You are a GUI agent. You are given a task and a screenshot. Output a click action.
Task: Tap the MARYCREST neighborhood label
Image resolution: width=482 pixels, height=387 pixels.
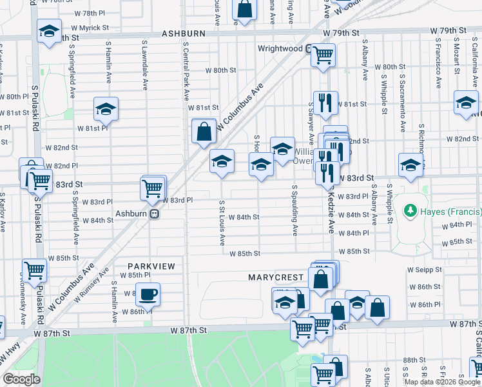click(x=276, y=277)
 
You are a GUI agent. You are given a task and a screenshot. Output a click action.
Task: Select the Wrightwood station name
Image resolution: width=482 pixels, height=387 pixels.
click(x=280, y=48)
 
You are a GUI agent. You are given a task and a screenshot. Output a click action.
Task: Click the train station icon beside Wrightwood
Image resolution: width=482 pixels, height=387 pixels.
click(x=309, y=48)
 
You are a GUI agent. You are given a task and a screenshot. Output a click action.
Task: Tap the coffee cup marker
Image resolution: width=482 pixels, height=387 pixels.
click(x=148, y=295)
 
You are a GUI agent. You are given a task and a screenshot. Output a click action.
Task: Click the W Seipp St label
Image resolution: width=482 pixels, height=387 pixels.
click(x=425, y=270)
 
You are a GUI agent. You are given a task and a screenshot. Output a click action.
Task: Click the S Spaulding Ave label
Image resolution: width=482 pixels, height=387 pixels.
click(x=294, y=210)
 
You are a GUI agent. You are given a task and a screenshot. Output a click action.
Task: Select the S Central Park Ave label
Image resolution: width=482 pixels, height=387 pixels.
click(x=186, y=71)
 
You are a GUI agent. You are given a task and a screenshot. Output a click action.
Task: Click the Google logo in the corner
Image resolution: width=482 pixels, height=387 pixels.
click(x=21, y=379)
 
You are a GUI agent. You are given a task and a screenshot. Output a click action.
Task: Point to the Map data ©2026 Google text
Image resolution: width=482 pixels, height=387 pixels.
click(x=442, y=382)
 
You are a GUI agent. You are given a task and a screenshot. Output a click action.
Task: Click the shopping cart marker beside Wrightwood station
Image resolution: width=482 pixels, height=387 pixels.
click(x=323, y=54)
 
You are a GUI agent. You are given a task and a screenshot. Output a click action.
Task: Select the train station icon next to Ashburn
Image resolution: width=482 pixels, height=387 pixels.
click(x=154, y=214)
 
